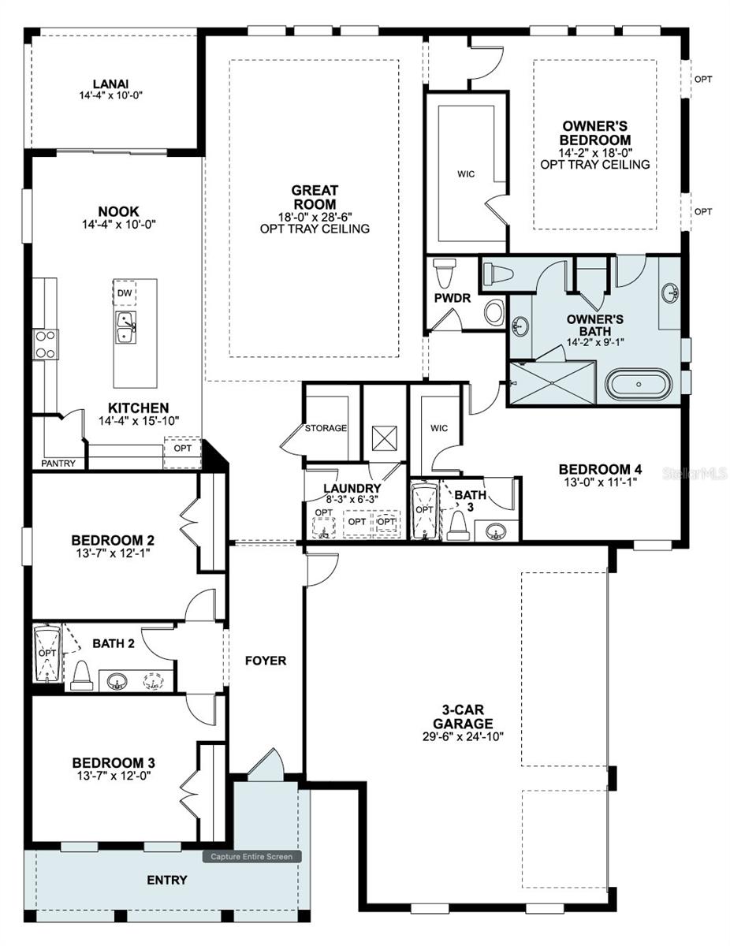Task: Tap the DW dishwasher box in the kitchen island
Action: [125, 293]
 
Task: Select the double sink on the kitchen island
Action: [125, 327]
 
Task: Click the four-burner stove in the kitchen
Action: [44, 345]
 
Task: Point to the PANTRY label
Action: [59, 464]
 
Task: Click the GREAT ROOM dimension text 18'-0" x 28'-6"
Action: [315, 217]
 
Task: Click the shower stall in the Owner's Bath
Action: [552, 382]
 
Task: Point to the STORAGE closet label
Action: [326, 428]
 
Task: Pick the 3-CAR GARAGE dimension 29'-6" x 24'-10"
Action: [463, 736]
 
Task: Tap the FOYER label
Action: [266, 661]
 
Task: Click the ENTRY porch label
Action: [167, 880]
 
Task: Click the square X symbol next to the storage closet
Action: [384, 439]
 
